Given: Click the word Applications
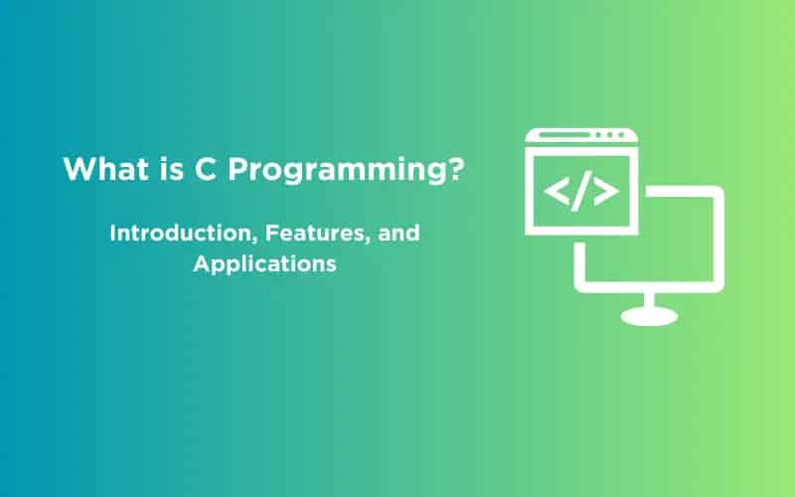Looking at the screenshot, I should tap(265, 265).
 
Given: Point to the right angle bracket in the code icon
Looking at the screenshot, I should tap(605, 190).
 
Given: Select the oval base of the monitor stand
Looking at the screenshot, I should tap(649, 315).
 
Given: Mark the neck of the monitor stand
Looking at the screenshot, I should tap(649, 298).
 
